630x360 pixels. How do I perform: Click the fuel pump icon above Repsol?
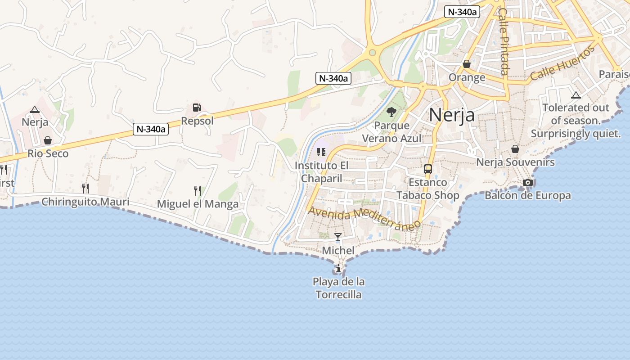(197, 108)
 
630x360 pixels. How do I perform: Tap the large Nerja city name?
(451, 115)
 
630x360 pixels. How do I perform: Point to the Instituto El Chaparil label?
(321, 172)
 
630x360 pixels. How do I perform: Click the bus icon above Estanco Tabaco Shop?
(427, 169)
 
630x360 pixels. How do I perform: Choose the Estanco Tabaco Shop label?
(427, 189)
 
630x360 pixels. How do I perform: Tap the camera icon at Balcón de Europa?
(528, 182)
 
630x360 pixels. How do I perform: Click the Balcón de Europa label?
(527, 195)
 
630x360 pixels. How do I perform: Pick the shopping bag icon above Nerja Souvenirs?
(515, 149)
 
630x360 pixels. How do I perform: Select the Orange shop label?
(467, 77)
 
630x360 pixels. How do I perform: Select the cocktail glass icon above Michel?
(338, 237)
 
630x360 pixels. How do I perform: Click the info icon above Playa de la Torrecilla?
(338, 269)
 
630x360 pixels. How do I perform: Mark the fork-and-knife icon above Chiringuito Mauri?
(85, 188)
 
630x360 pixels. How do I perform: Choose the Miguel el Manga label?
(198, 204)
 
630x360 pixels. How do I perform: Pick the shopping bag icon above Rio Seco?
(48, 140)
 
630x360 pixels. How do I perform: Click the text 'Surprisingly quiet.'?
(576, 134)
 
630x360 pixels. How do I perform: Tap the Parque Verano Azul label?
(391, 132)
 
